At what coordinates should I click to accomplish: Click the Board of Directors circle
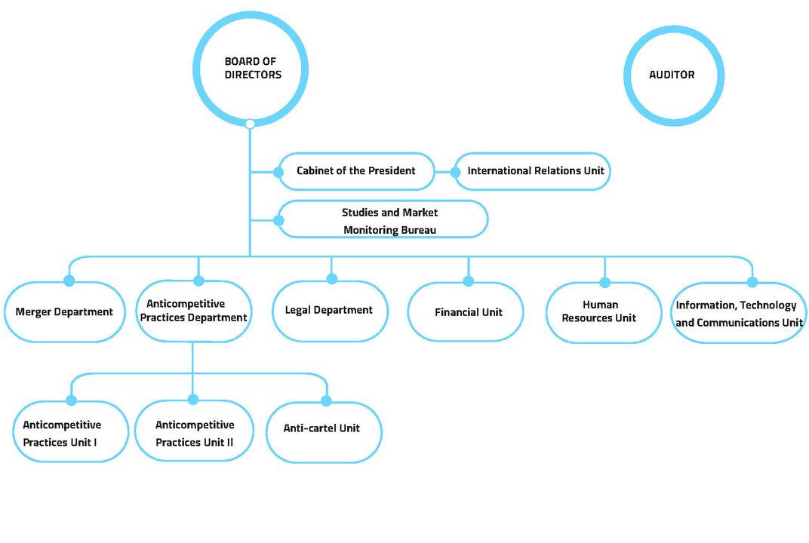[251, 69]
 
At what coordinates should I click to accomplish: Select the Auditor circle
[672, 75]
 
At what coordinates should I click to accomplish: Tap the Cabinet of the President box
[356, 171]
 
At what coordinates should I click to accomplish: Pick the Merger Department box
[64, 312]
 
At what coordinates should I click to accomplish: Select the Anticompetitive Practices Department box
[194, 311]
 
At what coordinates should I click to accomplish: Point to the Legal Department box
[329, 311]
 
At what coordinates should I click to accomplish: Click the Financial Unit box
[468, 312]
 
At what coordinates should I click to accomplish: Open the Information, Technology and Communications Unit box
[737, 314]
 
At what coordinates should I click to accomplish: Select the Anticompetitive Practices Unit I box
[69, 434]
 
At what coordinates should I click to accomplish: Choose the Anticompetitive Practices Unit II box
[195, 434]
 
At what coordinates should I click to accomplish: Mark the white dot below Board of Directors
[251, 124]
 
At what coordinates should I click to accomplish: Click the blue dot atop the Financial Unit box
[468, 281]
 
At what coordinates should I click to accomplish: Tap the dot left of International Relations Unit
[455, 172]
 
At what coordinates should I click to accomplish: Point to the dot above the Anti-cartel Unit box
[326, 400]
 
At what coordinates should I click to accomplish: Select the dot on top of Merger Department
[69, 281]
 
